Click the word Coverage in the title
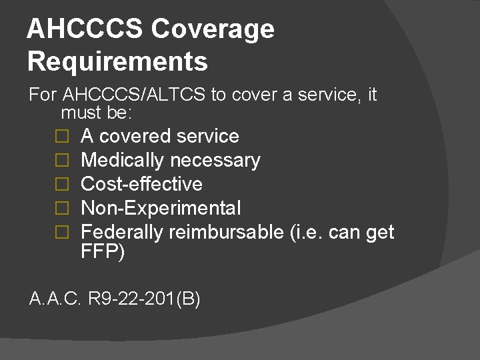[213, 30]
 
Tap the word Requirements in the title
[117, 61]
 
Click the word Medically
[122, 160]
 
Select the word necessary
[215, 160]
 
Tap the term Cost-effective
[141, 184]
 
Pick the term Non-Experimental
[161, 208]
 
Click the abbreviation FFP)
[103, 253]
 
